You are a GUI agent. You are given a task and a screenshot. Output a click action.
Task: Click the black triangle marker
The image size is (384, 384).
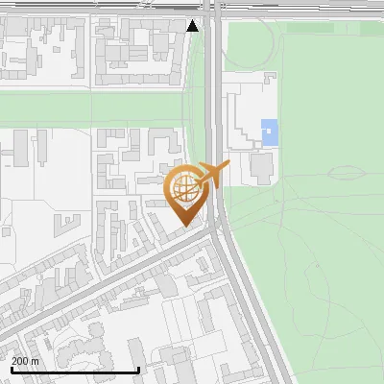193,26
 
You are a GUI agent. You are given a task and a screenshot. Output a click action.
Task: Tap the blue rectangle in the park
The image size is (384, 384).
270,132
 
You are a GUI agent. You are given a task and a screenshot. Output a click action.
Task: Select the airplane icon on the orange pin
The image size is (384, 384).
213,173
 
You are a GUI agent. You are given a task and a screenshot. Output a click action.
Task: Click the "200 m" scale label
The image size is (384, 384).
25,361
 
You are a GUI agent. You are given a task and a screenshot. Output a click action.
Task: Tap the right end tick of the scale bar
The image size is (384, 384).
139,368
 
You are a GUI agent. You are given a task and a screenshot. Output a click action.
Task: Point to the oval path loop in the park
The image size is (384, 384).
351,174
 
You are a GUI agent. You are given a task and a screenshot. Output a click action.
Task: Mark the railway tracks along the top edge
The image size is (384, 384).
96,5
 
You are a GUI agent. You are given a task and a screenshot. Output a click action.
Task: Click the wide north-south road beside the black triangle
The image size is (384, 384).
212,58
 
